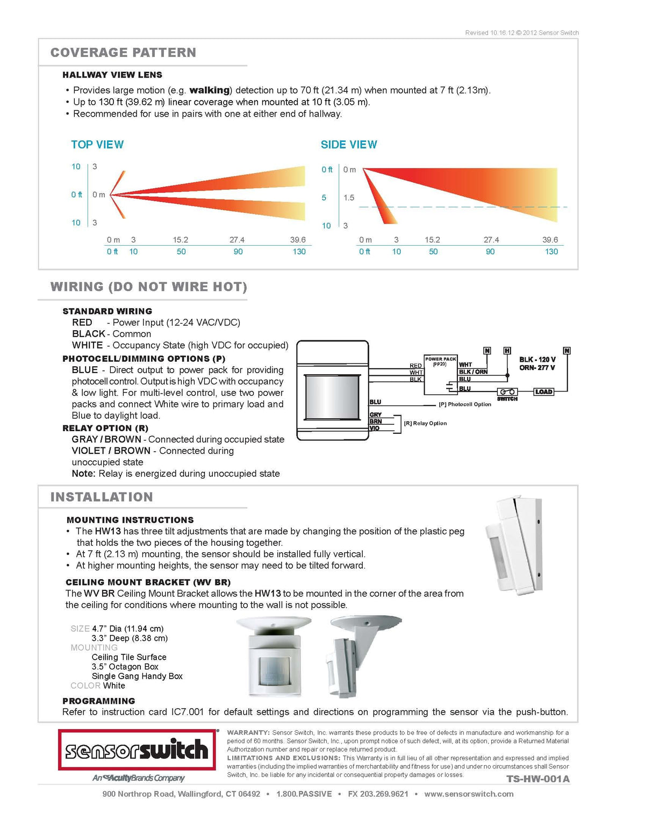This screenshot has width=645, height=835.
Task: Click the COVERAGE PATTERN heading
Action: (x=123, y=53)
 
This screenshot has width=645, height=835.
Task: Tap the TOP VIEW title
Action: (x=97, y=145)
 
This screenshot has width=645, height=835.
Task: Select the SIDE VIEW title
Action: (x=349, y=145)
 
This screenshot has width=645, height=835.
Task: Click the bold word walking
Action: (x=210, y=90)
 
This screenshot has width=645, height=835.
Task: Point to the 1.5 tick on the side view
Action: (x=348, y=197)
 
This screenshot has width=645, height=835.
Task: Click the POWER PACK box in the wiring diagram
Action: (x=440, y=374)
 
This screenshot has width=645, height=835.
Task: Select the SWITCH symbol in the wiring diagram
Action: (x=507, y=392)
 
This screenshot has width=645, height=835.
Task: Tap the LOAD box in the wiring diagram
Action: (x=543, y=391)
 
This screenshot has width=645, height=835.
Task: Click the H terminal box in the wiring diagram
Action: (x=507, y=351)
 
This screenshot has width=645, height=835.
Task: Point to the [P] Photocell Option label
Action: (x=465, y=404)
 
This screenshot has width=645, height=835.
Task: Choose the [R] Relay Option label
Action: (x=425, y=423)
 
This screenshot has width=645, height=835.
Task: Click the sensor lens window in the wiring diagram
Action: (x=333, y=397)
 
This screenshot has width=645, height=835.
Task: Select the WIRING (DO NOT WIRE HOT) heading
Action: (x=149, y=287)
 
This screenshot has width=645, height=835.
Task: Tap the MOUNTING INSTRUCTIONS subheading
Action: (x=130, y=520)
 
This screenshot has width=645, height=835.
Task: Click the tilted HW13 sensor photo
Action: (x=514, y=545)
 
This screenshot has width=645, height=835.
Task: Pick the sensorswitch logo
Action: (x=137, y=750)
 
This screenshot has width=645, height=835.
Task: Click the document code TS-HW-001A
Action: (x=538, y=779)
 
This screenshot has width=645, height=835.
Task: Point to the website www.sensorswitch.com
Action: (x=469, y=794)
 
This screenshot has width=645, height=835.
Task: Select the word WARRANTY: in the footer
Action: (x=248, y=733)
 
